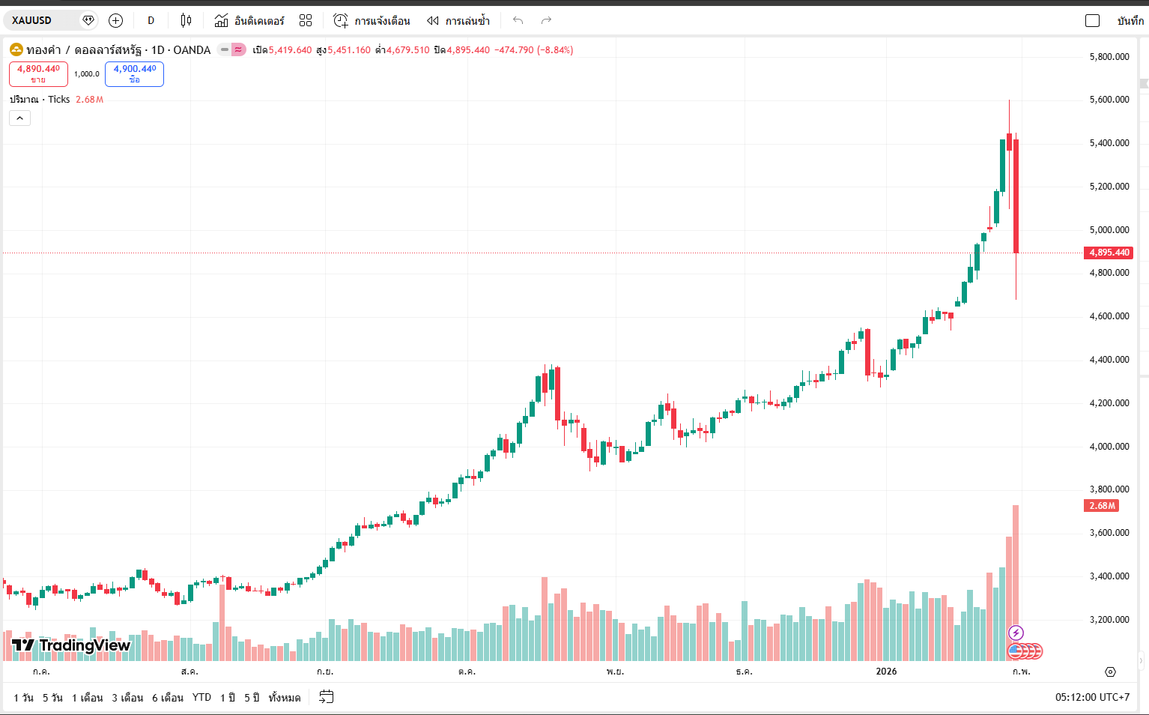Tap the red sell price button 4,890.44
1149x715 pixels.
[38, 73]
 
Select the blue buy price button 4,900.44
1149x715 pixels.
[134, 73]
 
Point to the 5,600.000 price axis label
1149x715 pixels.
[1109, 100]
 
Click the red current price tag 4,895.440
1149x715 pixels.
[1109, 253]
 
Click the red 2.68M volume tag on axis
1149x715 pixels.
[1101, 506]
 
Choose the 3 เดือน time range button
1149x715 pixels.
[127, 698]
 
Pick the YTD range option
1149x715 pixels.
[201, 698]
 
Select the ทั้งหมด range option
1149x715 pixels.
[284, 698]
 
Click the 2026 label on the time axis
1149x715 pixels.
[886, 672]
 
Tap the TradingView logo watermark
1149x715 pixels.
[72, 645]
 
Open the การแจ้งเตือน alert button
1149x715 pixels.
[372, 20]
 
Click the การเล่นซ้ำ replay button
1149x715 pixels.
[458, 20]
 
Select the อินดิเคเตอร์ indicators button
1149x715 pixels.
[249, 20]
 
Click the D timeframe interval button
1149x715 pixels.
[151, 20]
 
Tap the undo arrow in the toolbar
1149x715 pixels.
[518, 20]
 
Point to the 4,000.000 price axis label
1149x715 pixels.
[1109, 447]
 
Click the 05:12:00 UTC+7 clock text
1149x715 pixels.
[1092, 698]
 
